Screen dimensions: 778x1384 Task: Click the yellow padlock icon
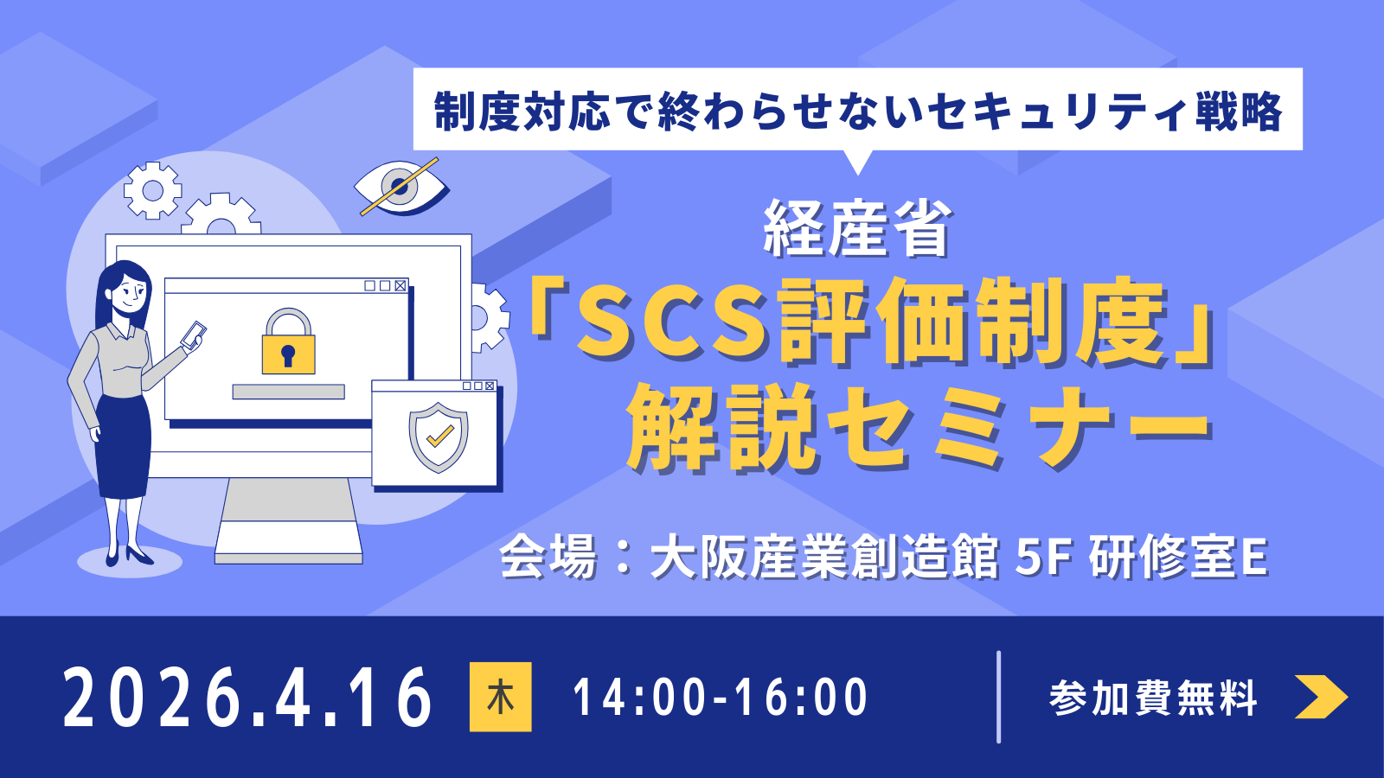(288, 344)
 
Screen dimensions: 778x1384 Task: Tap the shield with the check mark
(439, 437)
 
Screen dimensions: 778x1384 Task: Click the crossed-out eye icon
(400, 186)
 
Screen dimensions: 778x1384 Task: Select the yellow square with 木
(500, 697)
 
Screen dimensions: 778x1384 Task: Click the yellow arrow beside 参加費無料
(1320, 697)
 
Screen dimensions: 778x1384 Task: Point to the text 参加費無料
(1153, 698)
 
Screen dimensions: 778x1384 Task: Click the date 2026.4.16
(247, 697)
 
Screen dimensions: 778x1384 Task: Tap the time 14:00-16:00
(720, 698)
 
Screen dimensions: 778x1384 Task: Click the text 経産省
(856, 229)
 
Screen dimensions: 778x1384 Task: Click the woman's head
(125, 290)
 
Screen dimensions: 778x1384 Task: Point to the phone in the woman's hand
(194, 335)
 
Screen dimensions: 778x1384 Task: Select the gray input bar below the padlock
(288, 392)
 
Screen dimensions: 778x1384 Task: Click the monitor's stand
(288, 519)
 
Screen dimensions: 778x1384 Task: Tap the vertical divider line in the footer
(999, 697)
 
